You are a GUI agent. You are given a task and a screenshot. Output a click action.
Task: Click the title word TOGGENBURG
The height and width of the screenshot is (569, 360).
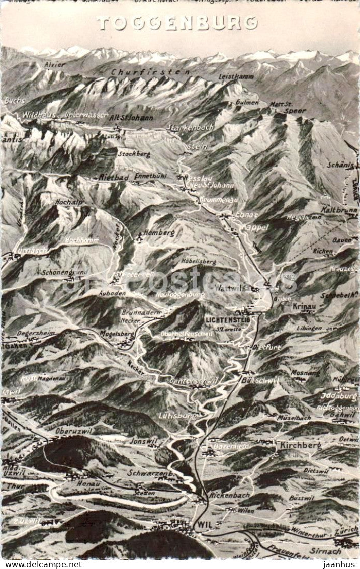coord(177,23)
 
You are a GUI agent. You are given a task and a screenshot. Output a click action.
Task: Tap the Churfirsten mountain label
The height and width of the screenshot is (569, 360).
coord(150,72)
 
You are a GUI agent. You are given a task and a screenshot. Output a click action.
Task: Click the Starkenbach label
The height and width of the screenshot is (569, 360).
coord(190,127)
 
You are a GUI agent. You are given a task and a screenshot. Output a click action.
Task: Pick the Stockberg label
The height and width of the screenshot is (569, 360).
coord(134,154)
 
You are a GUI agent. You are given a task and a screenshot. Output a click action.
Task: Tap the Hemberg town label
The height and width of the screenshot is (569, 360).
coord(159,233)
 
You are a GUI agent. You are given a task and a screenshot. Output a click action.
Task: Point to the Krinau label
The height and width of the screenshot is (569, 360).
coord(304,306)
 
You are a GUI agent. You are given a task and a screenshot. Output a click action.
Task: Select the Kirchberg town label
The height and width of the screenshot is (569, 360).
coord(300,445)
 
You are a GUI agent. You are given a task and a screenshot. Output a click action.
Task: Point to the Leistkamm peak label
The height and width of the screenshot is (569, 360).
coord(236,77)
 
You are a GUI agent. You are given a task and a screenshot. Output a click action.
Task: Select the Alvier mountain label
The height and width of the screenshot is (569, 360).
coord(55,65)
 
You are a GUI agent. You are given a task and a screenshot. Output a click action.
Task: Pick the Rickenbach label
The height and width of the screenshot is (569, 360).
coord(229,495)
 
